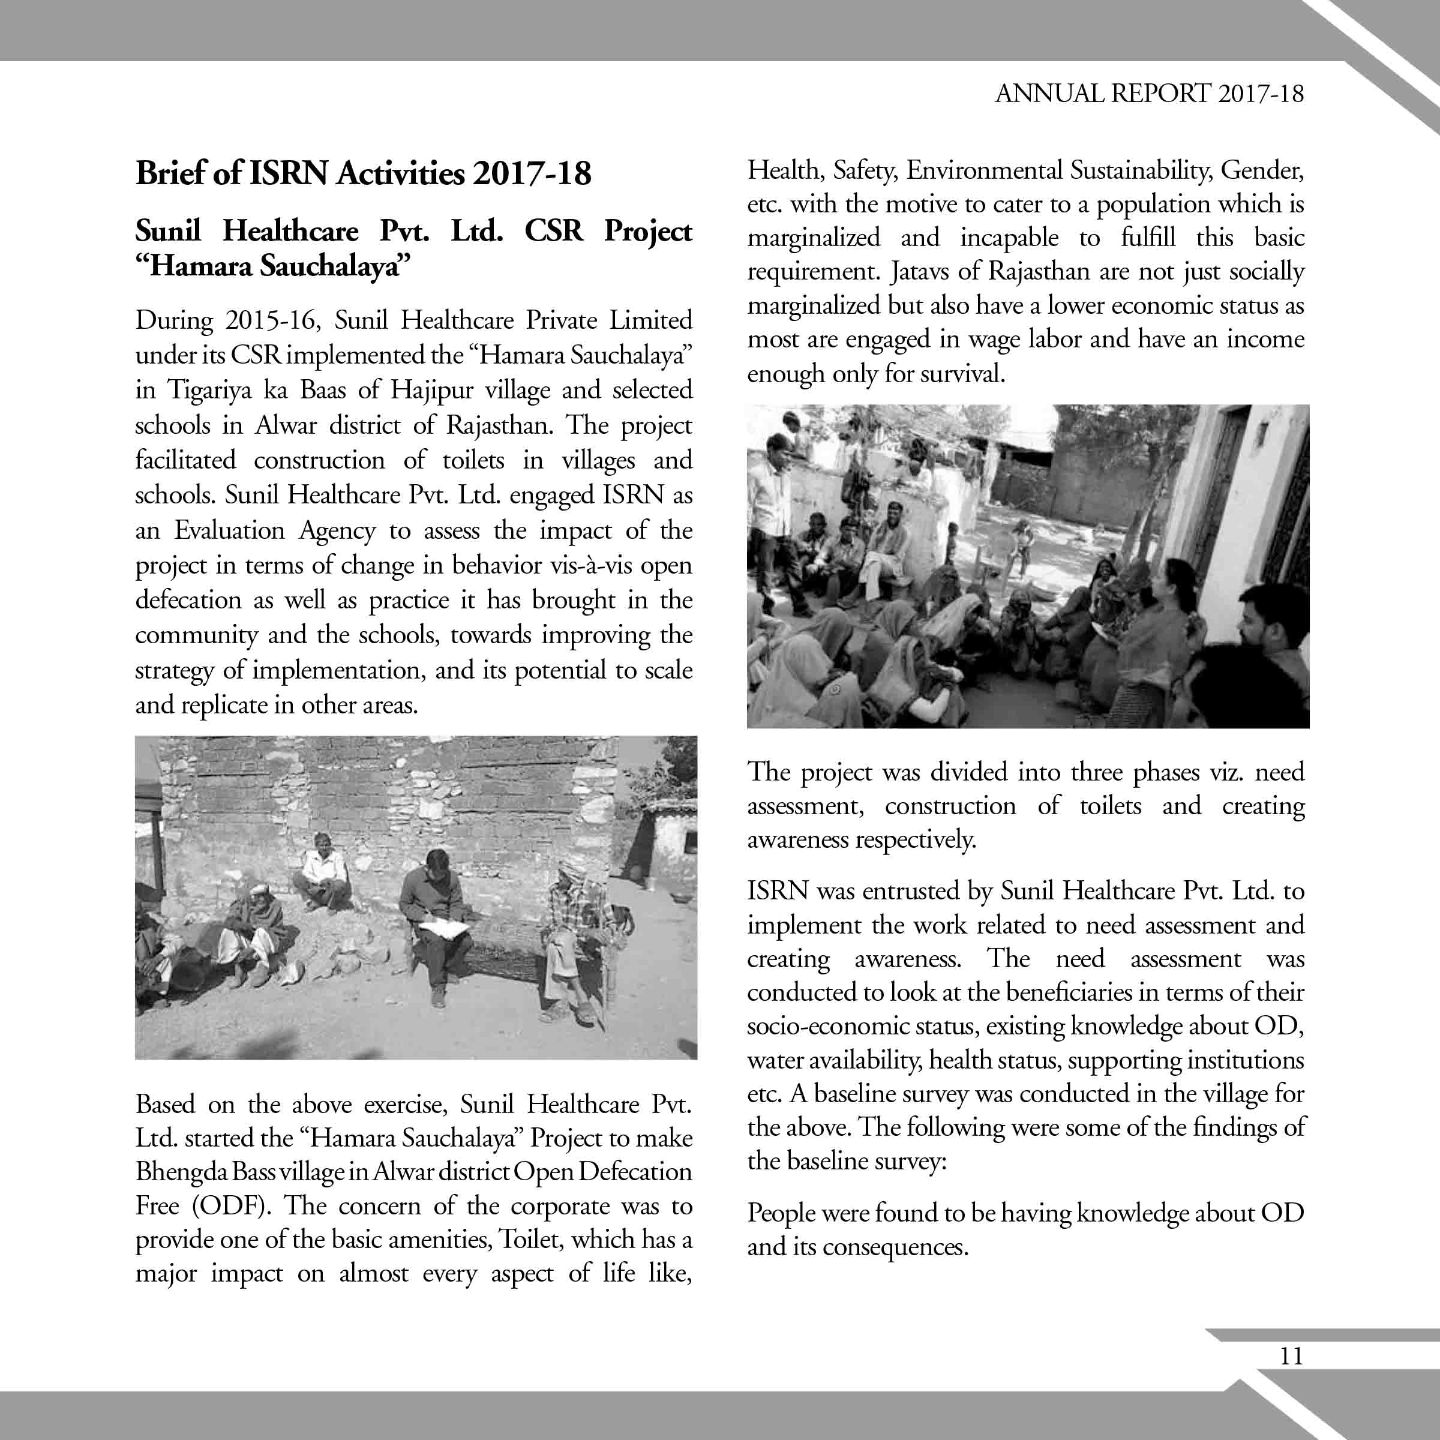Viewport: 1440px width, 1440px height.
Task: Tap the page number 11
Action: [1291, 1356]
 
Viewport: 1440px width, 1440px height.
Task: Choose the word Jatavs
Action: [918, 271]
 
